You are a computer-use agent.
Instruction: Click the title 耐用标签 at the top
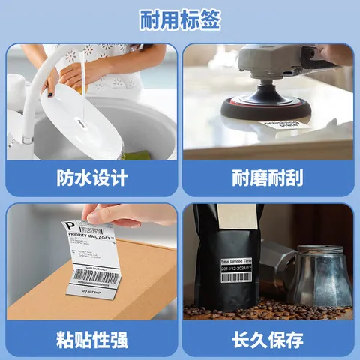tap(180, 20)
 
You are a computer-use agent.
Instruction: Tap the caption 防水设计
tap(92, 179)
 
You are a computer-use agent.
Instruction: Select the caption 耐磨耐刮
tap(268, 179)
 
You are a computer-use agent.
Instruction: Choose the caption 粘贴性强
tap(92, 339)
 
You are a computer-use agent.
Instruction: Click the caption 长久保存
tap(268, 339)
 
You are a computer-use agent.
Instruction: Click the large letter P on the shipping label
tap(70, 226)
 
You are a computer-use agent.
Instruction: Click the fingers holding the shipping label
tap(142, 216)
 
